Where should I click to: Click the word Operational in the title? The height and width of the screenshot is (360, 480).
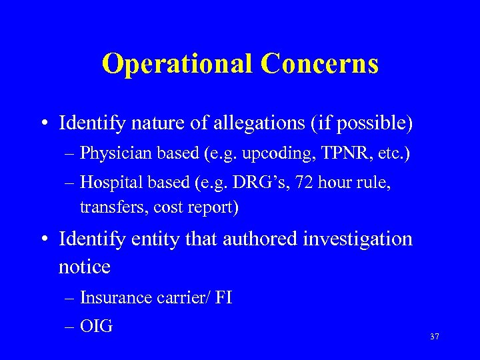178,64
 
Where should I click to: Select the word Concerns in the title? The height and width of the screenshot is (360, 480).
320,64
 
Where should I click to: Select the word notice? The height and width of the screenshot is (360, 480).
84,267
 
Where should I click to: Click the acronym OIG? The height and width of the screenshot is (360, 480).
97,327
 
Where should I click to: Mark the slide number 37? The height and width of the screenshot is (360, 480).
435,337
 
